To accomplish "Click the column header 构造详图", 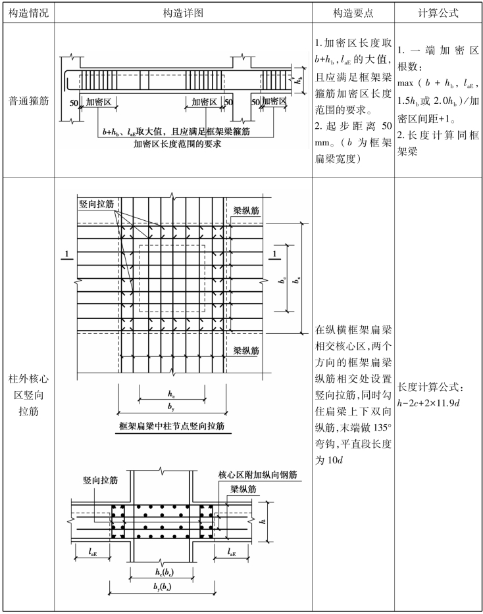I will (x=184, y=12).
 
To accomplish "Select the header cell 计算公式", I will (x=438, y=12).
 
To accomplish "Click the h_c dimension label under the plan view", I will (x=171, y=393).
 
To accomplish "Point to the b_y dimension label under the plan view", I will (x=171, y=408).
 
